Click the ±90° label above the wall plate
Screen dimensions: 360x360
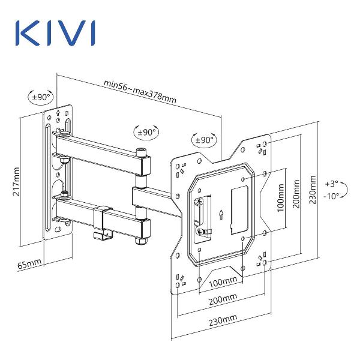coord(41,96)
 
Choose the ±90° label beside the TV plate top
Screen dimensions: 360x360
coord(204,140)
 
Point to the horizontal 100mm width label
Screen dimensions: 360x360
coord(223,281)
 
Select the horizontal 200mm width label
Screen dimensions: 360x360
coord(222,298)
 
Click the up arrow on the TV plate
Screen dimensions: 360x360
coord(221,214)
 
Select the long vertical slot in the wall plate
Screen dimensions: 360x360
coord(49,174)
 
